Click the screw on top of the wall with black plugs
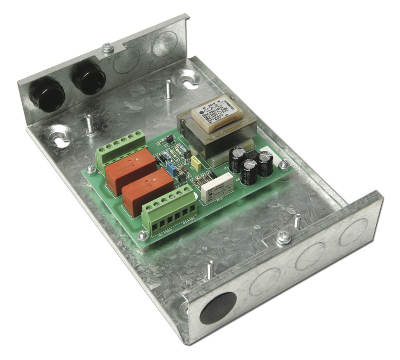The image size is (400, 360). (108, 48)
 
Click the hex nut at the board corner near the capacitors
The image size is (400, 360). (284, 164)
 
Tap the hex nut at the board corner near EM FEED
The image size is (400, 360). (143, 235)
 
